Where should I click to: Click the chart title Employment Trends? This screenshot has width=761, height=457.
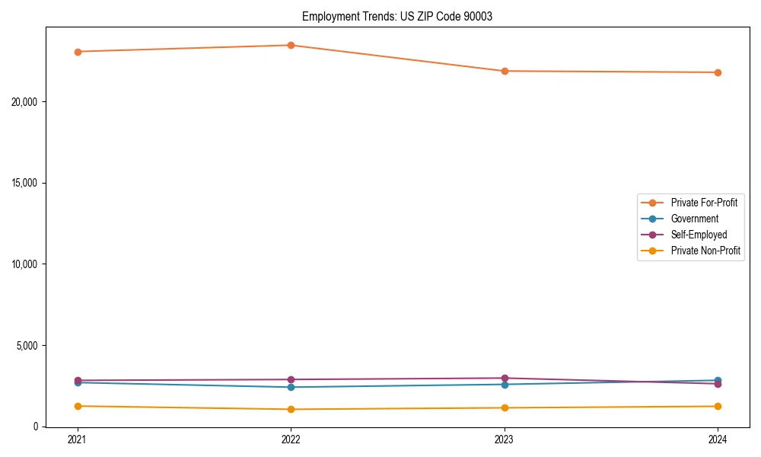[397, 16]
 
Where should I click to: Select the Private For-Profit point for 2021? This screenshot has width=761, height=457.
[78, 52]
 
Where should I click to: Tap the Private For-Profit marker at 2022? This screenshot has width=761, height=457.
[291, 45]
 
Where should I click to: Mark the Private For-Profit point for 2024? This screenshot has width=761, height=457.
[718, 72]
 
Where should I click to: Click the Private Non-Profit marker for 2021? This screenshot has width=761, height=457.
[78, 406]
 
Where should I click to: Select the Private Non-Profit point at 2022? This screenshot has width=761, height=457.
[291, 409]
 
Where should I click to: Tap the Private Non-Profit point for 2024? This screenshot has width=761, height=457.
[718, 406]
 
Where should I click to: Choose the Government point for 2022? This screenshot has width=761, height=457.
[291, 387]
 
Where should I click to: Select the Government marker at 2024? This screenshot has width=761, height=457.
[718, 380]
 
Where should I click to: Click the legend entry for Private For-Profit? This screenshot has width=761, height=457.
[704, 203]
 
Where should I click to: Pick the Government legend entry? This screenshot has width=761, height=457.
[694, 219]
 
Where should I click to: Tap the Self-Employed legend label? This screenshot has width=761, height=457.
[699, 235]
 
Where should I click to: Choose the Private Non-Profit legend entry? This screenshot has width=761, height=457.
[705, 251]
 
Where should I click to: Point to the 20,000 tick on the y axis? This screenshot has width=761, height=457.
[24, 102]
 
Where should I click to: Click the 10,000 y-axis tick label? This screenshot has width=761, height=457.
[24, 264]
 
